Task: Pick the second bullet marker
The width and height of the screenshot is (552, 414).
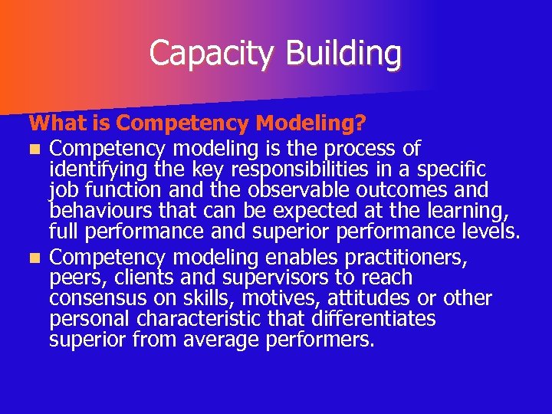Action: [x=33, y=258]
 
